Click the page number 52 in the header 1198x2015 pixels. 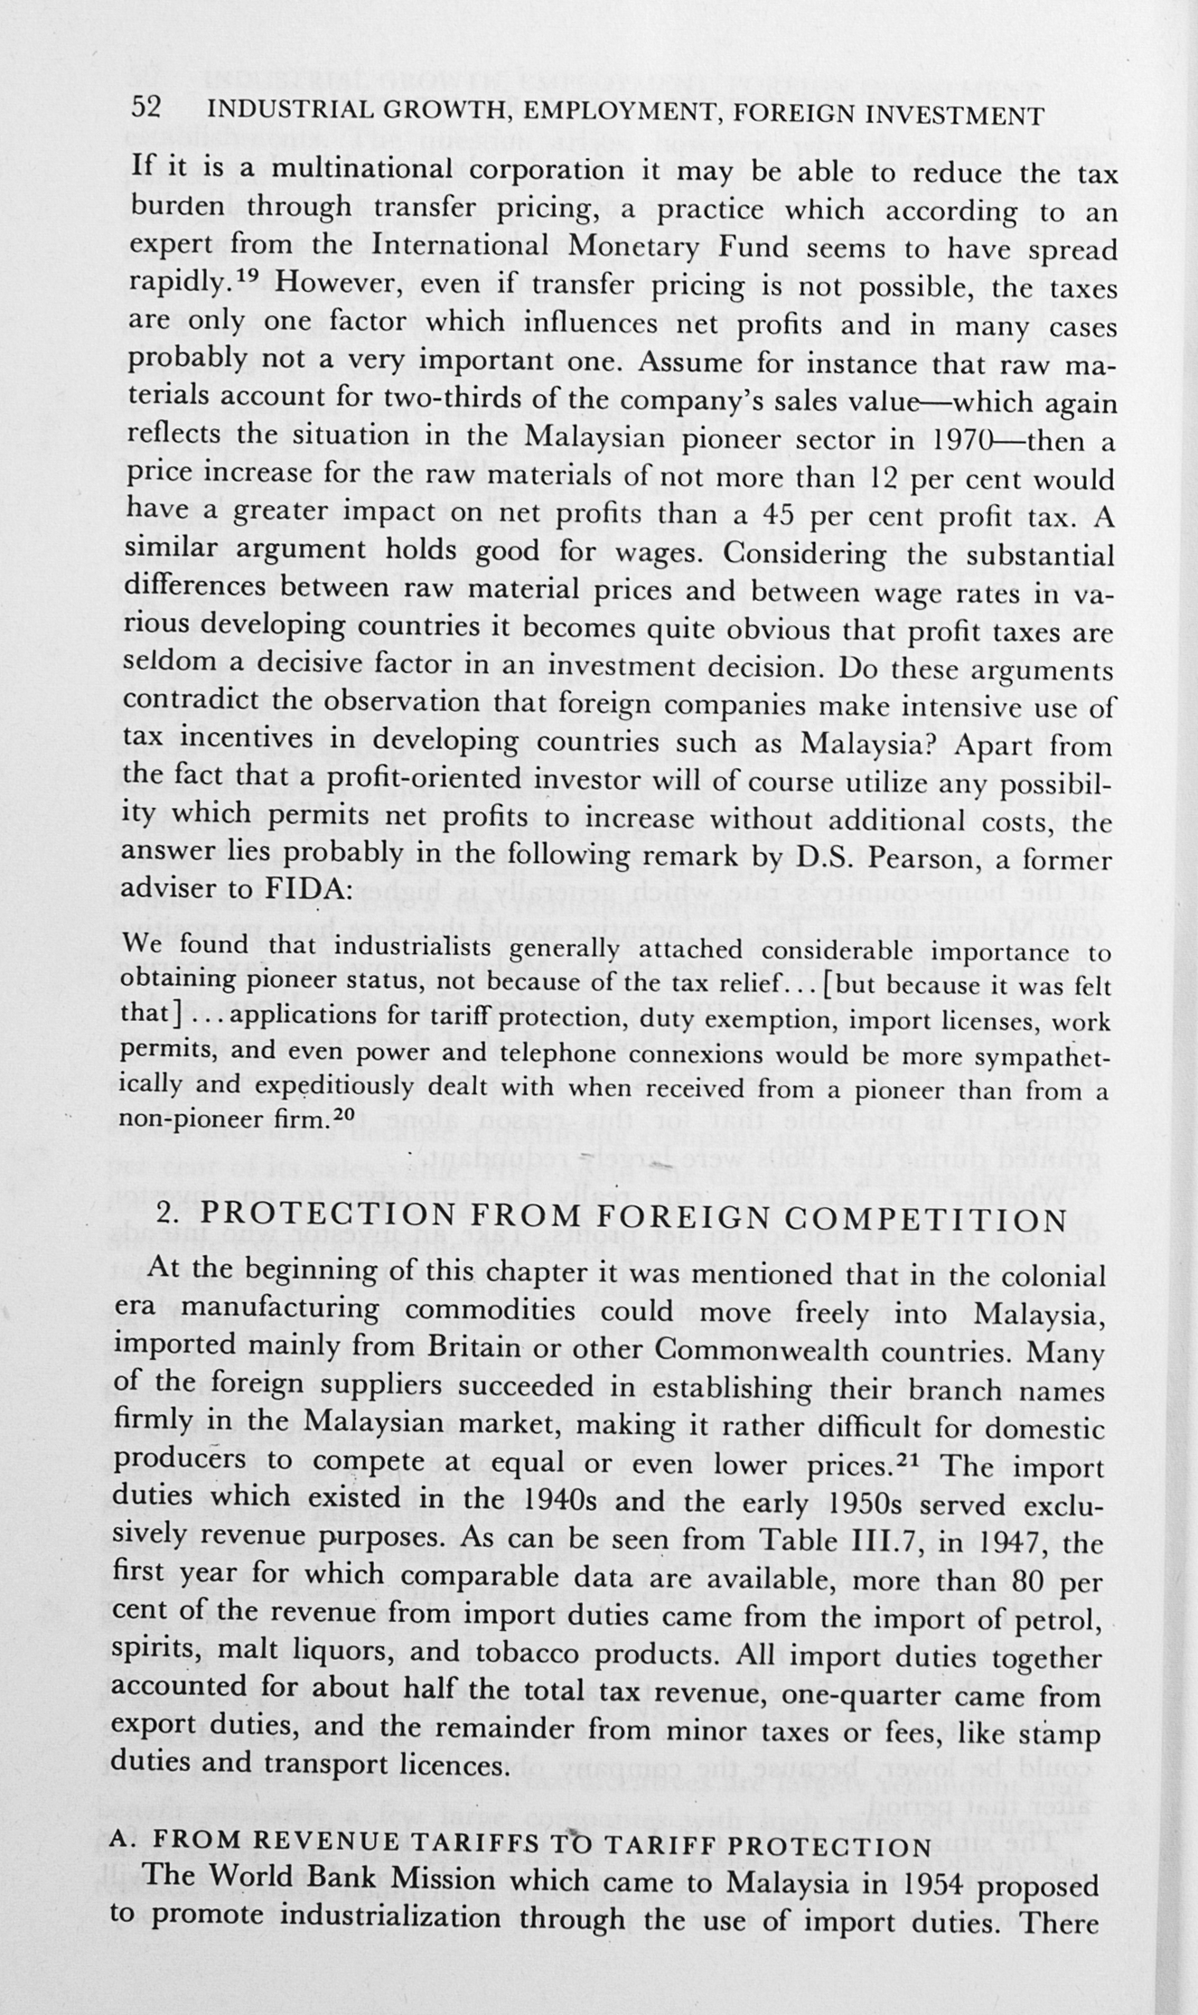click(145, 108)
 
